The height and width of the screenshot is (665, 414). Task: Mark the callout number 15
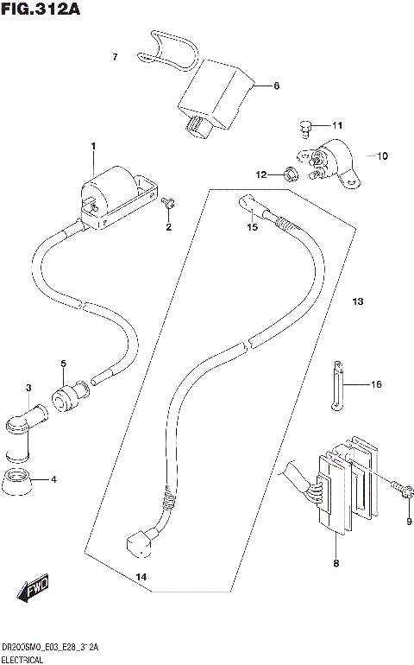click(252, 228)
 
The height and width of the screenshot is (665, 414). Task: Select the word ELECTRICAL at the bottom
click(28, 658)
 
